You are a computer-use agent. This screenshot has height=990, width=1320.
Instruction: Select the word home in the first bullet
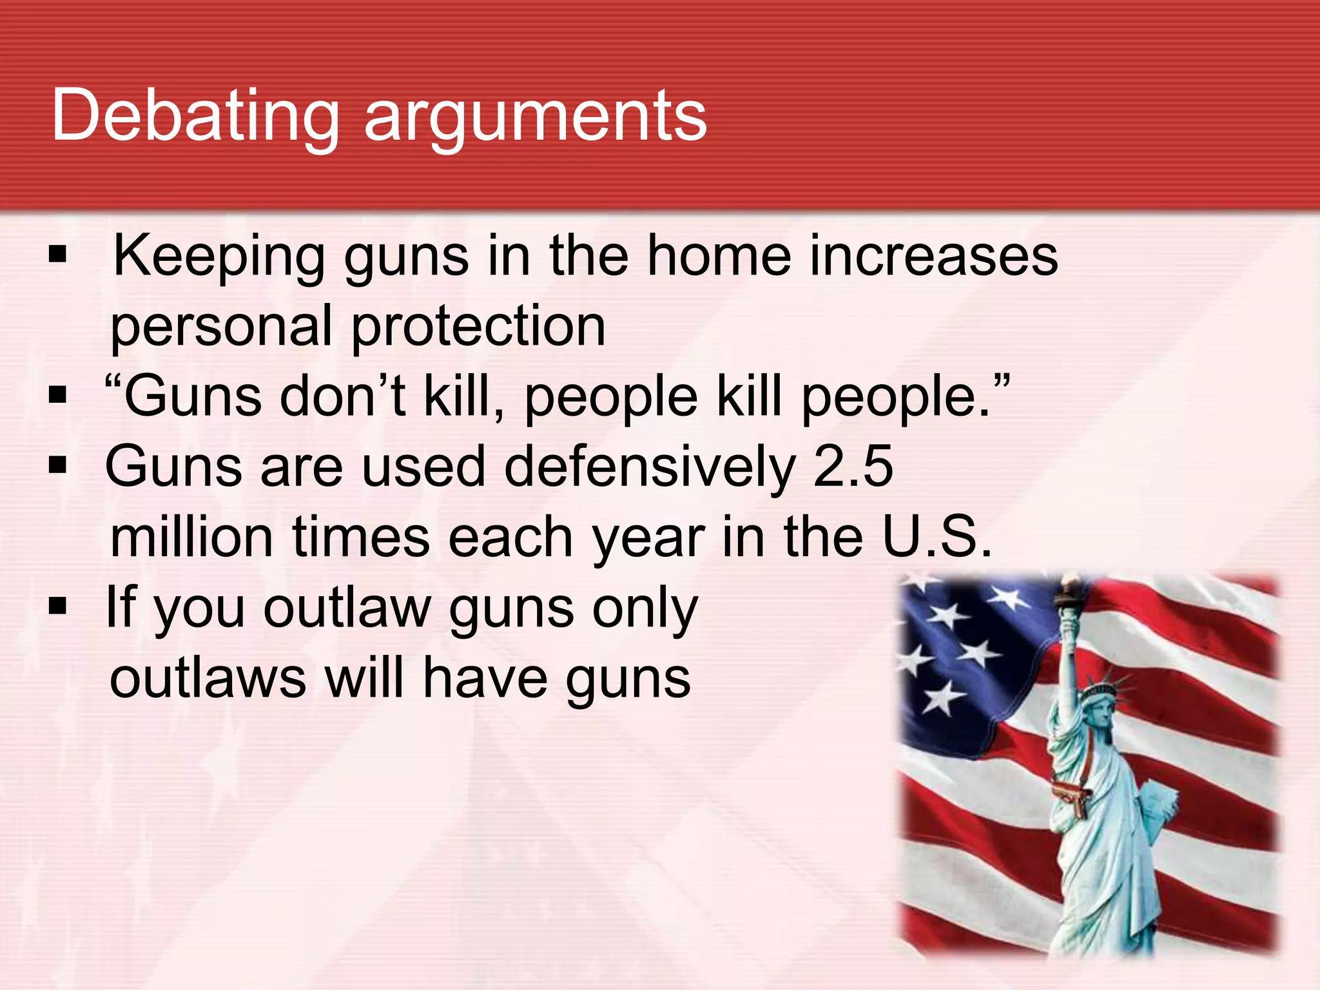pyautogui.click(x=718, y=256)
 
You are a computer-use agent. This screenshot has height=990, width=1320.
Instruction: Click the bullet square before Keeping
pyautogui.click(x=57, y=255)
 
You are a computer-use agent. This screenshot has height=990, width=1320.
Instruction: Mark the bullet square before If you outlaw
pyautogui.click(x=57, y=606)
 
